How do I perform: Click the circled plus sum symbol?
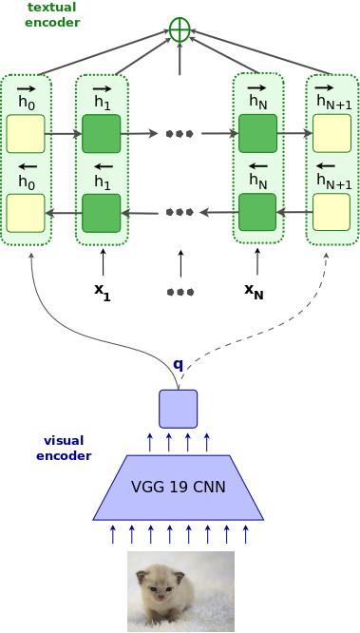[x=180, y=29]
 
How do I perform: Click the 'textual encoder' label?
[x=53, y=14]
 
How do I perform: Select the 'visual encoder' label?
[x=64, y=448]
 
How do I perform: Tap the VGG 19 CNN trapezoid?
[x=178, y=487]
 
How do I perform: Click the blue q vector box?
[x=178, y=408]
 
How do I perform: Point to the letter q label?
[x=178, y=364]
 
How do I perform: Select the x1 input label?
[x=102, y=290]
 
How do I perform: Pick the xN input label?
[x=254, y=290]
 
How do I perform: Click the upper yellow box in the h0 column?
[x=26, y=134]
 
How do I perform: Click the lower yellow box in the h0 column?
[x=26, y=212]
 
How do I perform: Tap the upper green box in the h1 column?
[x=102, y=134]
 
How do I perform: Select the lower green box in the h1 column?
[x=102, y=212]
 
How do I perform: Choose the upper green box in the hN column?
[x=257, y=134]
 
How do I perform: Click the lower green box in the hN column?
[x=257, y=212]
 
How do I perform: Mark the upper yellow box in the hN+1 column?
[x=332, y=134]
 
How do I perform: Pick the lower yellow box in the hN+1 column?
[x=332, y=212]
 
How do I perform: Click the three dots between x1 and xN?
[x=180, y=291]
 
